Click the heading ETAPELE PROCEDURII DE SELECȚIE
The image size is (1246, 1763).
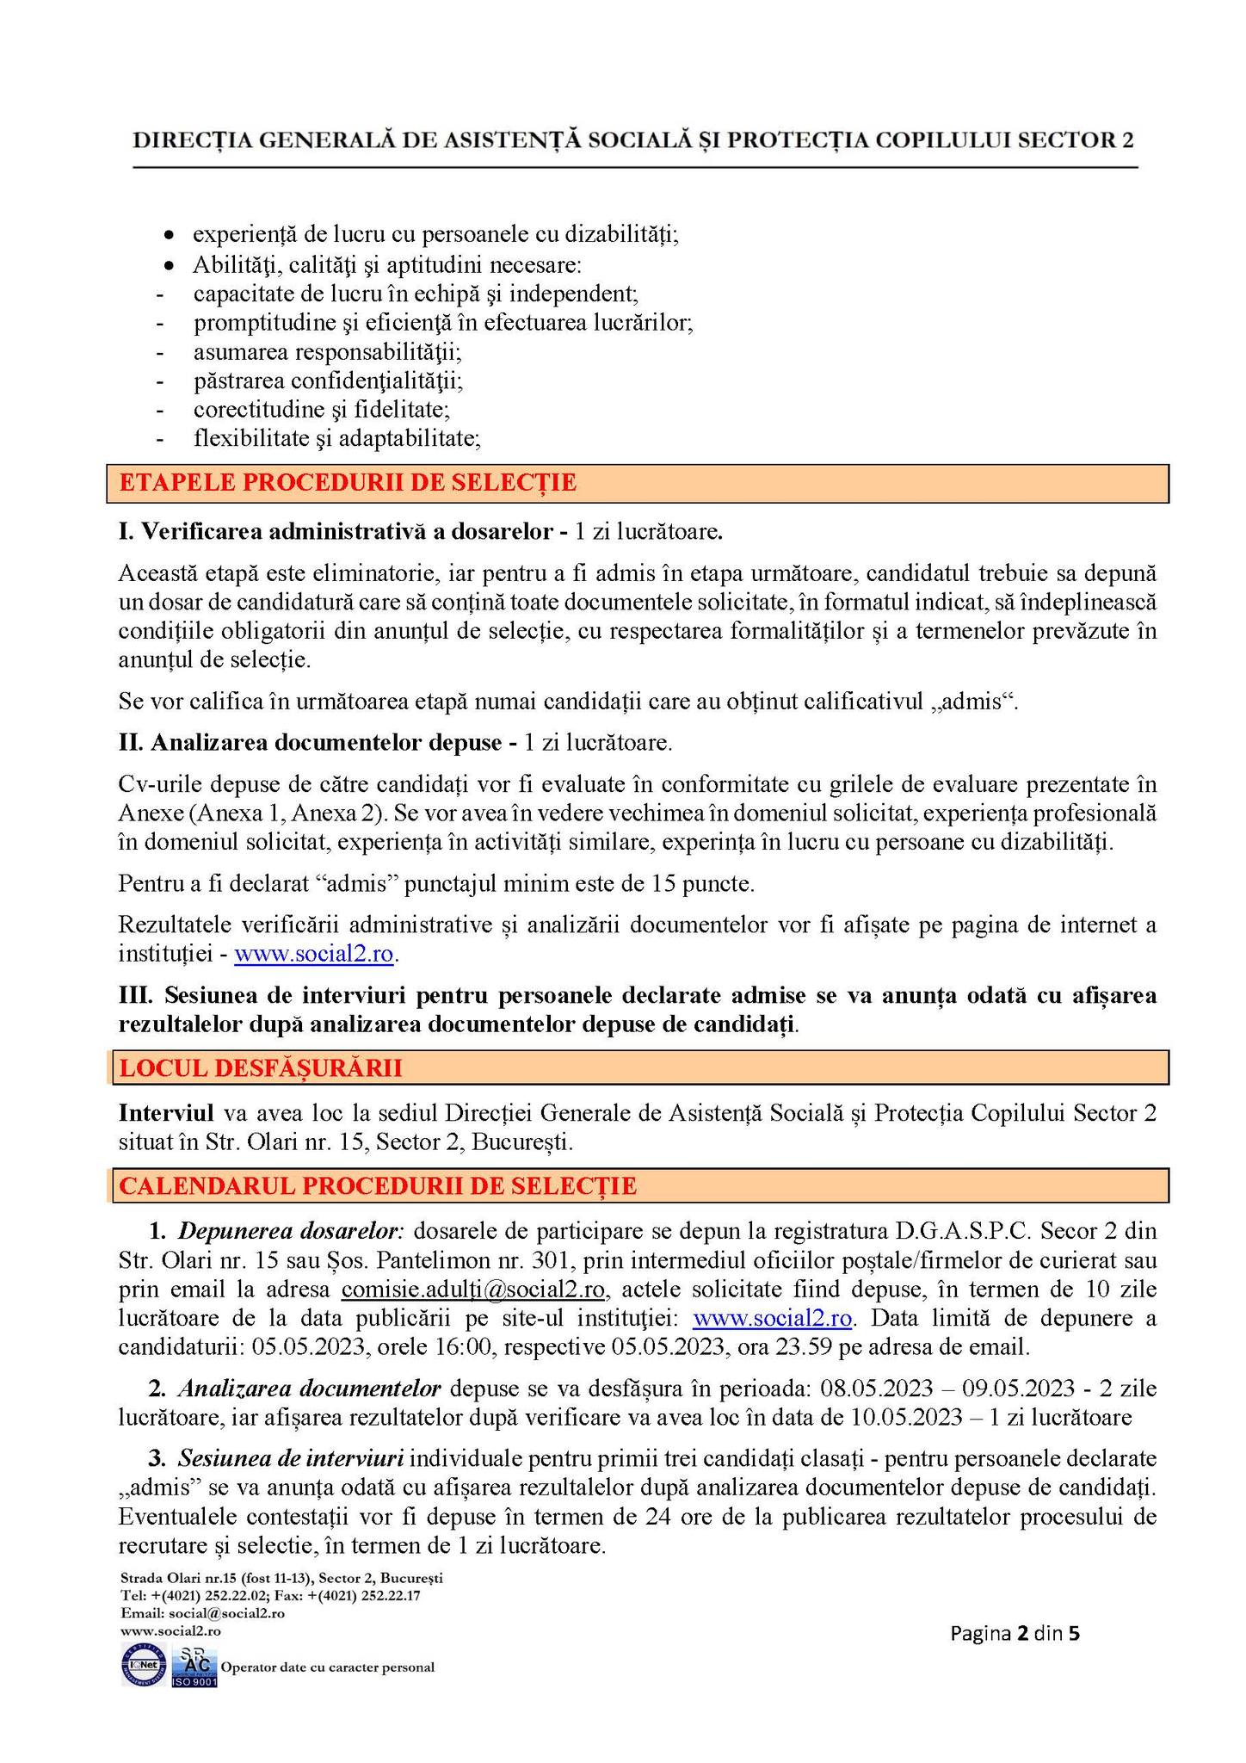coord(348,483)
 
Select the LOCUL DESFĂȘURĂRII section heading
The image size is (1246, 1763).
coord(261,1068)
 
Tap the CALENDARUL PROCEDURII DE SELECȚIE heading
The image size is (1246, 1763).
coord(378,1185)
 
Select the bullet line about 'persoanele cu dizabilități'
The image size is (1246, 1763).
coord(435,234)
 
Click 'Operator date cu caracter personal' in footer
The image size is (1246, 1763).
coord(328,1667)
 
